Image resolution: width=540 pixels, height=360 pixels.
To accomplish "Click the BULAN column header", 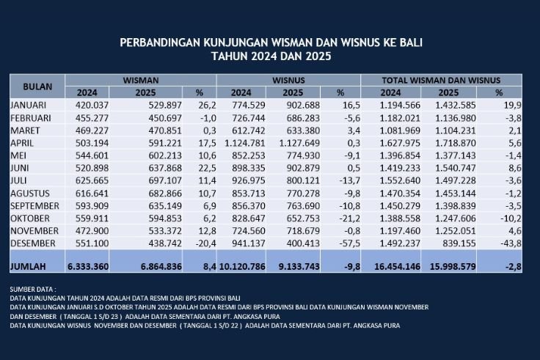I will tap(37, 86).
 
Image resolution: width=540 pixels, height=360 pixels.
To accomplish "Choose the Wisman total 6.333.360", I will tap(87, 268).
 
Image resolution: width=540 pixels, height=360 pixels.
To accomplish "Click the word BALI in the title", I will tap(409, 43).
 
